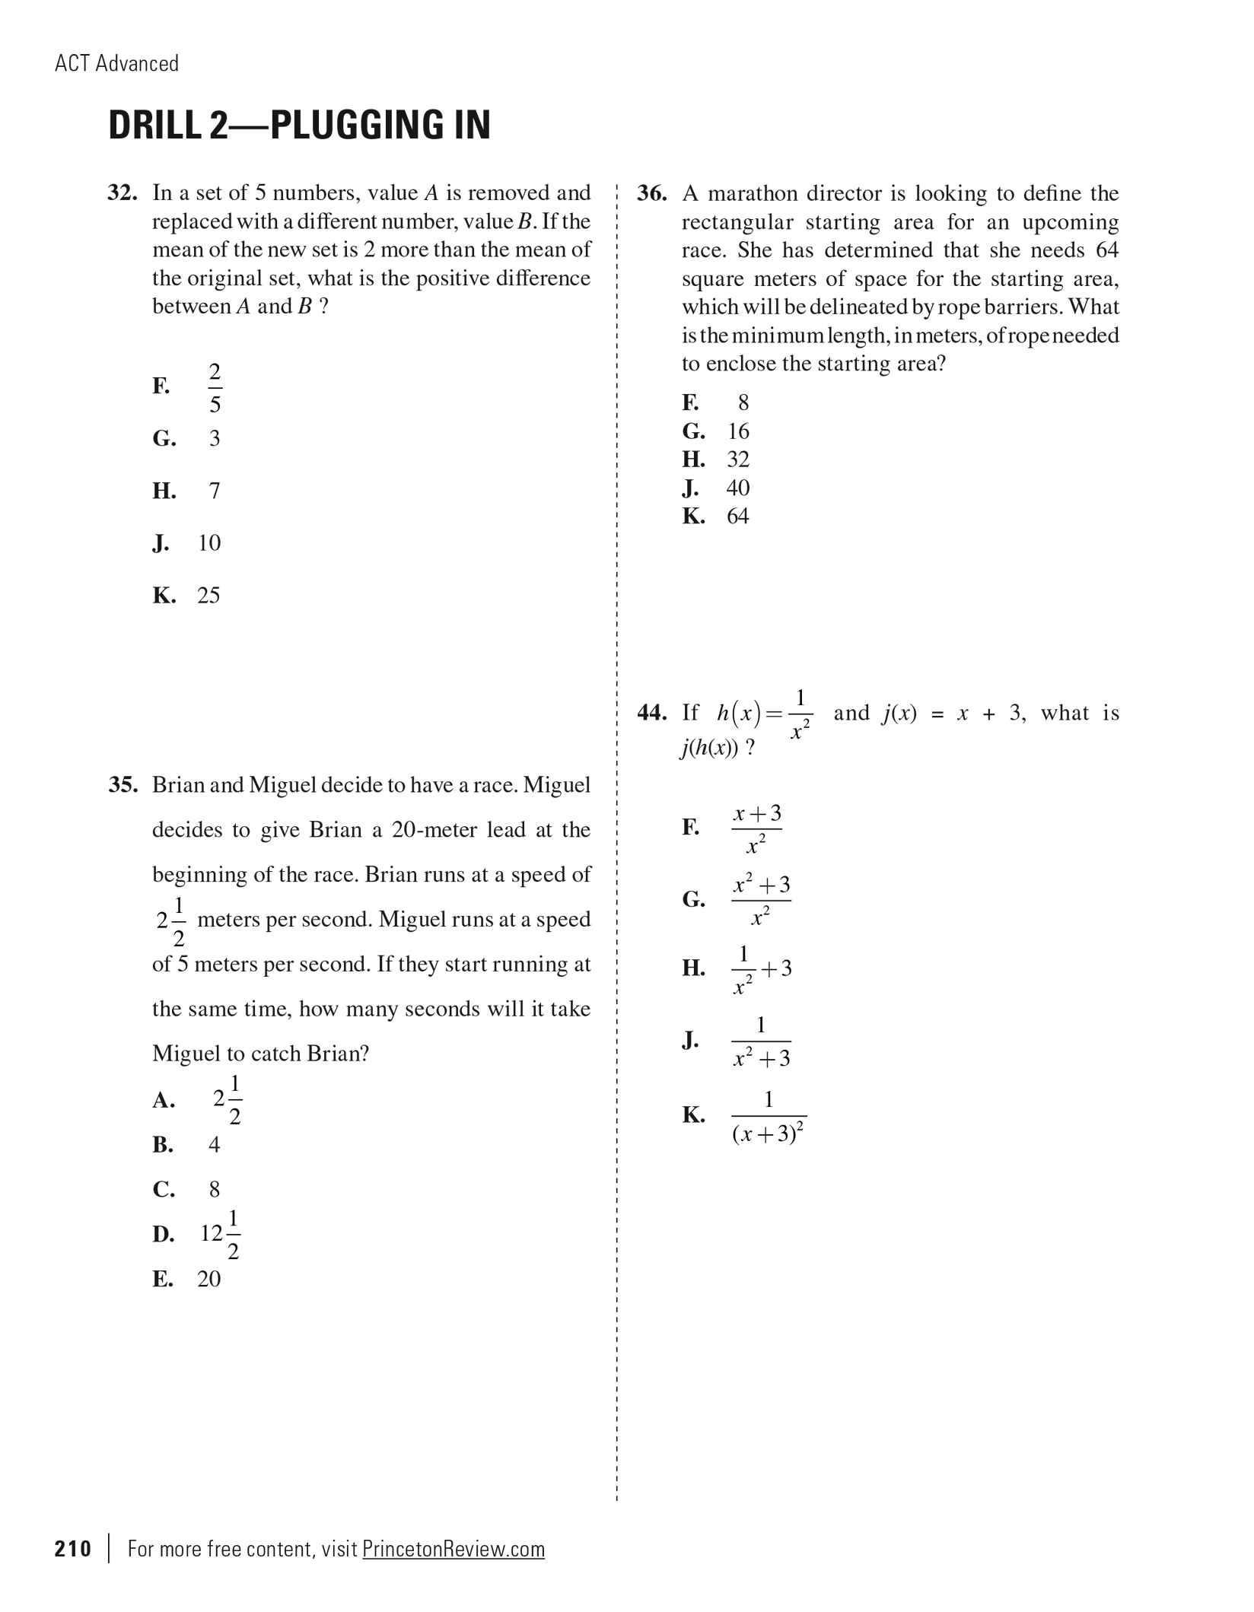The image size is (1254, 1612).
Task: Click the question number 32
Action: click(x=122, y=193)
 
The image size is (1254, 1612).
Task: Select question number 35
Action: click(x=123, y=785)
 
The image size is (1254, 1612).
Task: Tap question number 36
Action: click(x=651, y=194)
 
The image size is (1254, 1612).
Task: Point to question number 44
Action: click(x=651, y=714)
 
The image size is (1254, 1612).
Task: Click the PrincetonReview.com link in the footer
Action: click(x=454, y=1549)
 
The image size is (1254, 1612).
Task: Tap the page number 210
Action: click(x=73, y=1549)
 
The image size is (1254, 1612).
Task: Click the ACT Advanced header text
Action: click(x=117, y=64)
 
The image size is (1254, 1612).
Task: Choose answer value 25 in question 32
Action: click(x=208, y=596)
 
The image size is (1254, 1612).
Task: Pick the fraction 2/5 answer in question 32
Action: click(x=215, y=388)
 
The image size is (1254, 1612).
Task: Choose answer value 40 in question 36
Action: click(x=737, y=488)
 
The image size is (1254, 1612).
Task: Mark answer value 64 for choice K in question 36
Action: click(x=737, y=517)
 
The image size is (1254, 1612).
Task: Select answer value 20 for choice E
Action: click(x=208, y=1280)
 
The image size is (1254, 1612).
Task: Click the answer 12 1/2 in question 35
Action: click(x=221, y=1234)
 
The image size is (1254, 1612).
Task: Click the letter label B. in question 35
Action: click(x=163, y=1145)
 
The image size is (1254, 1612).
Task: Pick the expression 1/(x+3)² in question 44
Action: click(x=769, y=1117)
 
